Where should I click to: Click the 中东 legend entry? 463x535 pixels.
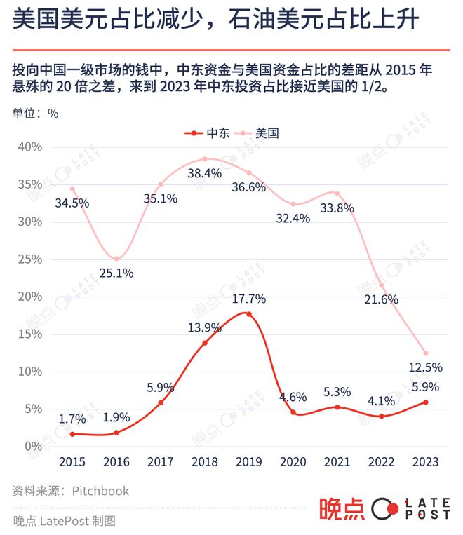tap(206, 133)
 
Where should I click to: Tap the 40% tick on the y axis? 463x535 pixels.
tap(31, 147)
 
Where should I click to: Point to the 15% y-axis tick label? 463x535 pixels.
tap(31, 334)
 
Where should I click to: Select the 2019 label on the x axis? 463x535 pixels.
tap(248, 461)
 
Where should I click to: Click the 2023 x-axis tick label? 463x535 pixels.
tap(425, 461)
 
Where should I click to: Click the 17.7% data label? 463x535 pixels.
tap(249, 299)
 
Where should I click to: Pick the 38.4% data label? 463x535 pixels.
tap(204, 172)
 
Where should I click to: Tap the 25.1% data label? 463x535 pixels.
tap(116, 273)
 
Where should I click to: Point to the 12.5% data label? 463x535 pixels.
tap(425, 367)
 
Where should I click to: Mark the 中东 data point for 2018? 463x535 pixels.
tap(204, 343)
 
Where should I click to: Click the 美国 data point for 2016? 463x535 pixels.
tap(116, 259)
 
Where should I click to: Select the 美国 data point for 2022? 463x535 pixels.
tap(381, 285)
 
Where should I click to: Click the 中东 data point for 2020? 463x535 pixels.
tap(293, 412)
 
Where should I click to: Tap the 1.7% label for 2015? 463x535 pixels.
tap(72, 419)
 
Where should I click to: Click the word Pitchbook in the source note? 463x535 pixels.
tap(100, 491)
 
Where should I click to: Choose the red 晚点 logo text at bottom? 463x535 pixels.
tap(342, 509)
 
